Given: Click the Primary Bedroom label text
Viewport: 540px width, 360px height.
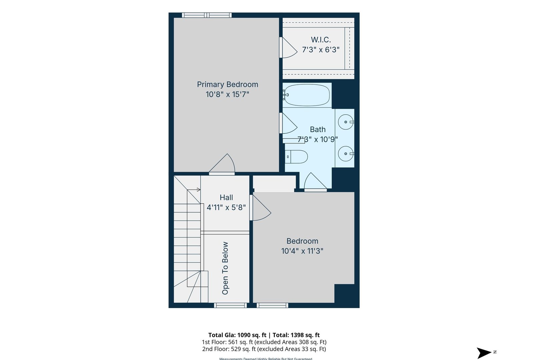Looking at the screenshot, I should click(x=227, y=84).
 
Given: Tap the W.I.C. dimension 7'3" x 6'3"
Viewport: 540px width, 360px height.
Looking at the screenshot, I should click(x=321, y=50).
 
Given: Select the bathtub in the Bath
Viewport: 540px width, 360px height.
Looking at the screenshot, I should click(x=307, y=95).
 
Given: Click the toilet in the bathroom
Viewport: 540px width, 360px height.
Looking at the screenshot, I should click(x=296, y=157).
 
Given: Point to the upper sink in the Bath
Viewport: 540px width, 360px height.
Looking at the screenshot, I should click(x=345, y=122).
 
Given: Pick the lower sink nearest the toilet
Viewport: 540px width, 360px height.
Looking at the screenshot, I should click(x=345, y=154).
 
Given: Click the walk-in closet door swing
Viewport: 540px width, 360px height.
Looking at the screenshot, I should click(x=289, y=48).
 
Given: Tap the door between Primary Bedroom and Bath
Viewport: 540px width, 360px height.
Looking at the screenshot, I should click(x=289, y=124).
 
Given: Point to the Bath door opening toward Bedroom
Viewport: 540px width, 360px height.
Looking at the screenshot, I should click(x=315, y=182).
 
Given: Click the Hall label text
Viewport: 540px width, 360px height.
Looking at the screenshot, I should click(x=226, y=197).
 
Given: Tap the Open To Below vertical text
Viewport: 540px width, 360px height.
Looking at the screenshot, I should click(x=225, y=268).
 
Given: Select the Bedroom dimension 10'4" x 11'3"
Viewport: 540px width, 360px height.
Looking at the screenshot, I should click(x=302, y=251).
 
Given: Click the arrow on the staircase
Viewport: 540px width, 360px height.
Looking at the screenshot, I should click(x=198, y=190).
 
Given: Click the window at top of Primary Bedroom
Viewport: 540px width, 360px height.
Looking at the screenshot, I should click(x=207, y=15).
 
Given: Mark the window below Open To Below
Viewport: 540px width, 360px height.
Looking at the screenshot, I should click(x=230, y=305).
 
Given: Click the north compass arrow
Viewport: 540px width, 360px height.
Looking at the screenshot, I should click(x=484, y=353).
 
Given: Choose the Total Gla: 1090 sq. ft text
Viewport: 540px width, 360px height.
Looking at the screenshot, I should click(x=237, y=335).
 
